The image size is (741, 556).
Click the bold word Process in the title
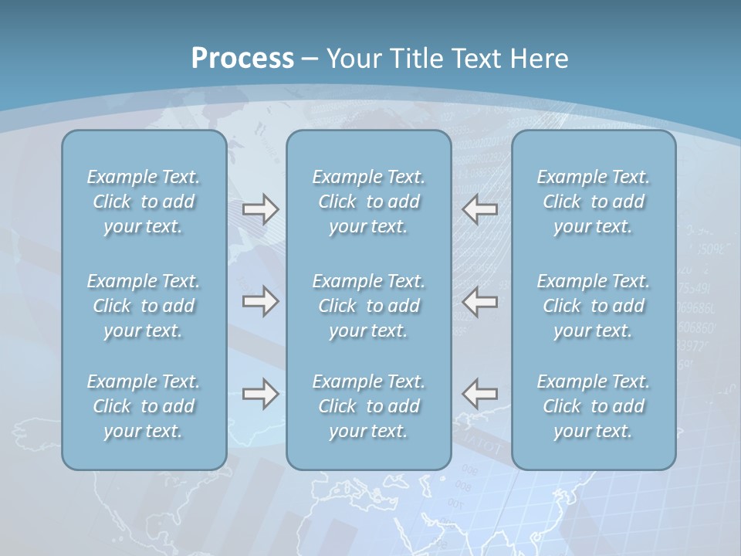coord(242,59)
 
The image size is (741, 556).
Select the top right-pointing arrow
coord(260,209)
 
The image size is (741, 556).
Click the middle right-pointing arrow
coord(260,301)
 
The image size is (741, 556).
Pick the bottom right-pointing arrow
coord(260,394)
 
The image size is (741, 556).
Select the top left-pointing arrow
coord(480,209)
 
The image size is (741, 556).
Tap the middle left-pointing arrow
coord(480,301)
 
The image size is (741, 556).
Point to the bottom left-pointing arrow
coord(480,394)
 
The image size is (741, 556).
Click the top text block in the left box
coord(144,202)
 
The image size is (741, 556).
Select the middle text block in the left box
coord(144,306)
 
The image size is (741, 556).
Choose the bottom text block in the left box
coord(144,406)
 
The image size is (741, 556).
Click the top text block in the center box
coord(369,202)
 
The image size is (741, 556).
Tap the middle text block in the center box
coord(369,306)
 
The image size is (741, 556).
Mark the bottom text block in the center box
coord(369,406)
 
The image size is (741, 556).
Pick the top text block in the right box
coord(594,202)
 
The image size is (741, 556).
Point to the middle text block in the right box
coord(594,306)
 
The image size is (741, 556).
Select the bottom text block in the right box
coord(594,406)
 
